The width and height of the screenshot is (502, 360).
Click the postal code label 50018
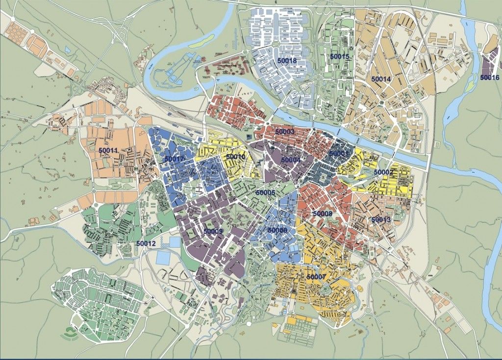[287, 61]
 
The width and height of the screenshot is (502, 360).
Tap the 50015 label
[340, 57]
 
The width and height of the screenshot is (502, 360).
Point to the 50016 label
[490, 77]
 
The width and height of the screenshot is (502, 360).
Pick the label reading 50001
[338, 154]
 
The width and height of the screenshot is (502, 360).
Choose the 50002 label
[383, 172]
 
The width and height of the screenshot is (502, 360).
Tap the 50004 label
[290, 160]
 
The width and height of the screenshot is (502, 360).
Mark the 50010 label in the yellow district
[235, 157]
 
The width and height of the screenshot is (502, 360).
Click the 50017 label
[174, 159]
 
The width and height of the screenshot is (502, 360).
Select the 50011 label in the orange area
[108, 150]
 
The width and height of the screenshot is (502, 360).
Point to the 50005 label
[265, 193]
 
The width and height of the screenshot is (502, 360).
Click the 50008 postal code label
[322, 214]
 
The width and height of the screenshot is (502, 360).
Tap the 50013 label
[381, 220]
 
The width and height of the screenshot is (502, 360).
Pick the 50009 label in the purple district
[213, 231]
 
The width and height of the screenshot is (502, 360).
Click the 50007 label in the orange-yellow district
[316, 277]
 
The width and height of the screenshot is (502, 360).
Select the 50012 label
[146, 243]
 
